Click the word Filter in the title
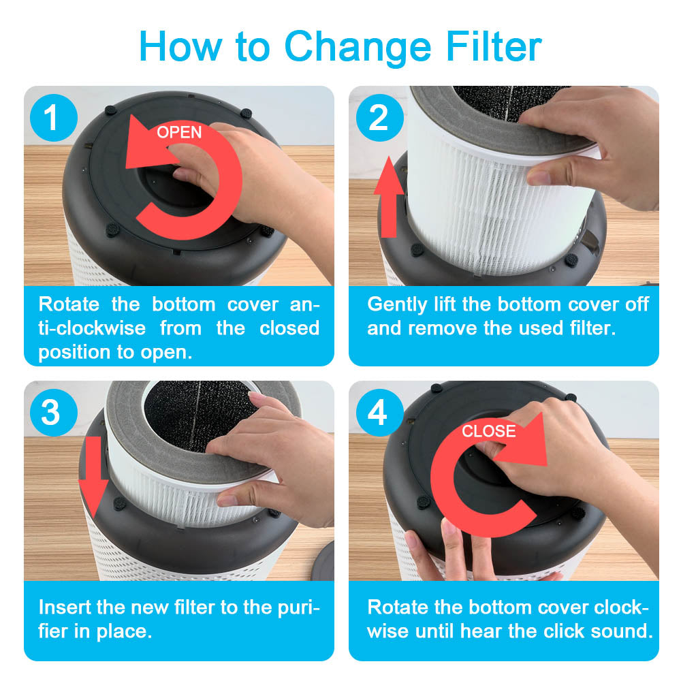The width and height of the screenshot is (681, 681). [x=494, y=46]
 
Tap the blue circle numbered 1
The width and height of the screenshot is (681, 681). [x=54, y=118]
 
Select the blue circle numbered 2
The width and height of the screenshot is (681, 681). [x=379, y=118]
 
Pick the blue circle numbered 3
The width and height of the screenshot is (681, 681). [x=54, y=413]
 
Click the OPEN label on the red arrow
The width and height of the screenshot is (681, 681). [x=179, y=132]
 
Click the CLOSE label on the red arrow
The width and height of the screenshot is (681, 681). [x=488, y=431]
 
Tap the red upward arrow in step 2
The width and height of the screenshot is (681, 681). [x=389, y=197]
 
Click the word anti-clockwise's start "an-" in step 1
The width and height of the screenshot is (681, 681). [x=304, y=304]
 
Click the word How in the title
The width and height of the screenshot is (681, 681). [x=180, y=46]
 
